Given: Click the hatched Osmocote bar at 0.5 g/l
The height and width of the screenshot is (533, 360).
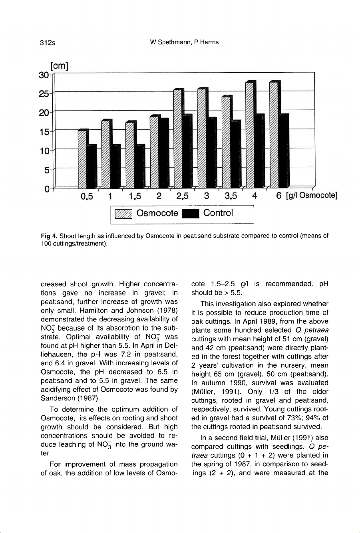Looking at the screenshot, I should click(x=82, y=159).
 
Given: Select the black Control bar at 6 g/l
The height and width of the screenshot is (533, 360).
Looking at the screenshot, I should click(x=284, y=151).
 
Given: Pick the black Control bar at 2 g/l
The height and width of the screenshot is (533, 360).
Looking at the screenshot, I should click(x=163, y=153).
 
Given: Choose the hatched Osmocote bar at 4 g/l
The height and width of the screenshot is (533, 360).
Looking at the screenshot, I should click(x=250, y=135).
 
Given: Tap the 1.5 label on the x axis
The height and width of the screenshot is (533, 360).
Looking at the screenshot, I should click(x=134, y=196).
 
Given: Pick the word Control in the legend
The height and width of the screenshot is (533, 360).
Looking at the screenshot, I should click(x=218, y=213).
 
